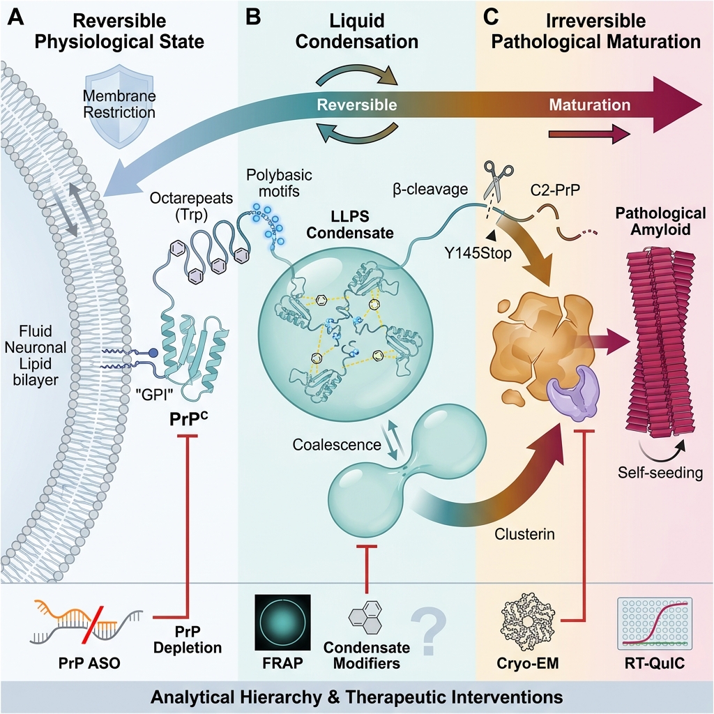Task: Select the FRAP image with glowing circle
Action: [283, 623]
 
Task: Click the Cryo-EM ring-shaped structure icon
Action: [527, 621]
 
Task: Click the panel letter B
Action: [252, 17]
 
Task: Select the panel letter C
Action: [491, 17]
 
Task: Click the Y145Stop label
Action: [478, 252]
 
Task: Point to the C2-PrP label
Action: [555, 190]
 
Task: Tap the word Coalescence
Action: [337, 444]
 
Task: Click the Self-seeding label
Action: [660, 473]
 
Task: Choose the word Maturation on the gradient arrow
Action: [590, 105]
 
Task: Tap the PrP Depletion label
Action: [187, 639]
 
